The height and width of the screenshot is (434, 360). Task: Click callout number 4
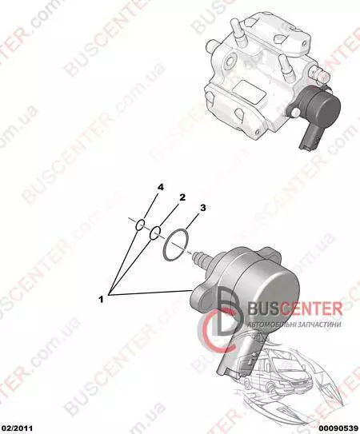click(161, 187)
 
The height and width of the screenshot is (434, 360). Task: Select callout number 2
click(182, 197)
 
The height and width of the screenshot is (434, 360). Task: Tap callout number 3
click(203, 208)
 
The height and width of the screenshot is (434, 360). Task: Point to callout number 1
click(101, 299)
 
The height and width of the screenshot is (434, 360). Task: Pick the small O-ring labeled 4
click(140, 225)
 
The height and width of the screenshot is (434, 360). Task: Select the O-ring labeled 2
click(155, 233)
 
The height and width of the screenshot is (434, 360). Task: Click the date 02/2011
click(16, 428)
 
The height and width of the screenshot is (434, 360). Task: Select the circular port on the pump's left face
click(230, 62)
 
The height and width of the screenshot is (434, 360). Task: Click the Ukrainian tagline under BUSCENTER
click(294, 325)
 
